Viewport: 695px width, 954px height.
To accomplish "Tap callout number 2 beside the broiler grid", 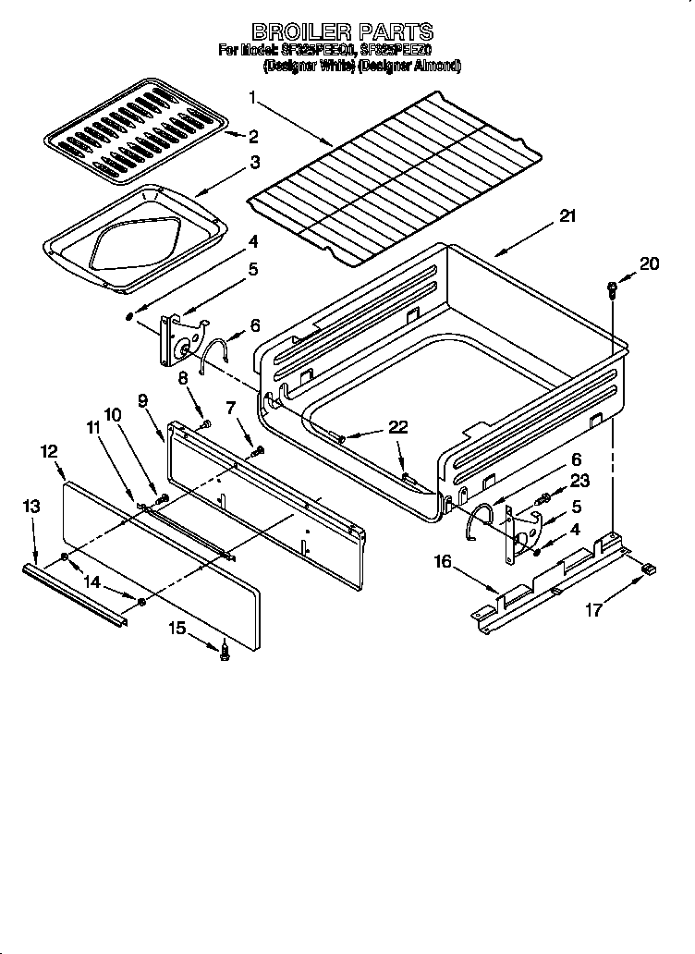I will [x=253, y=137].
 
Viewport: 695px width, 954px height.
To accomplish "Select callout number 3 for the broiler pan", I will [x=254, y=163].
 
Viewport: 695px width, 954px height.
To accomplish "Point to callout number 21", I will [x=567, y=216].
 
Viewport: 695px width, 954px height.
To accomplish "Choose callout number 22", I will [x=397, y=426].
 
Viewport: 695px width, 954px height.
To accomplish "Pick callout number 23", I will [x=579, y=480].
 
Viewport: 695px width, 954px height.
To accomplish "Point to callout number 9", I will [x=143, y=400].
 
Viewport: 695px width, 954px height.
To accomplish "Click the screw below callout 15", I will [x=225, y=652].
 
